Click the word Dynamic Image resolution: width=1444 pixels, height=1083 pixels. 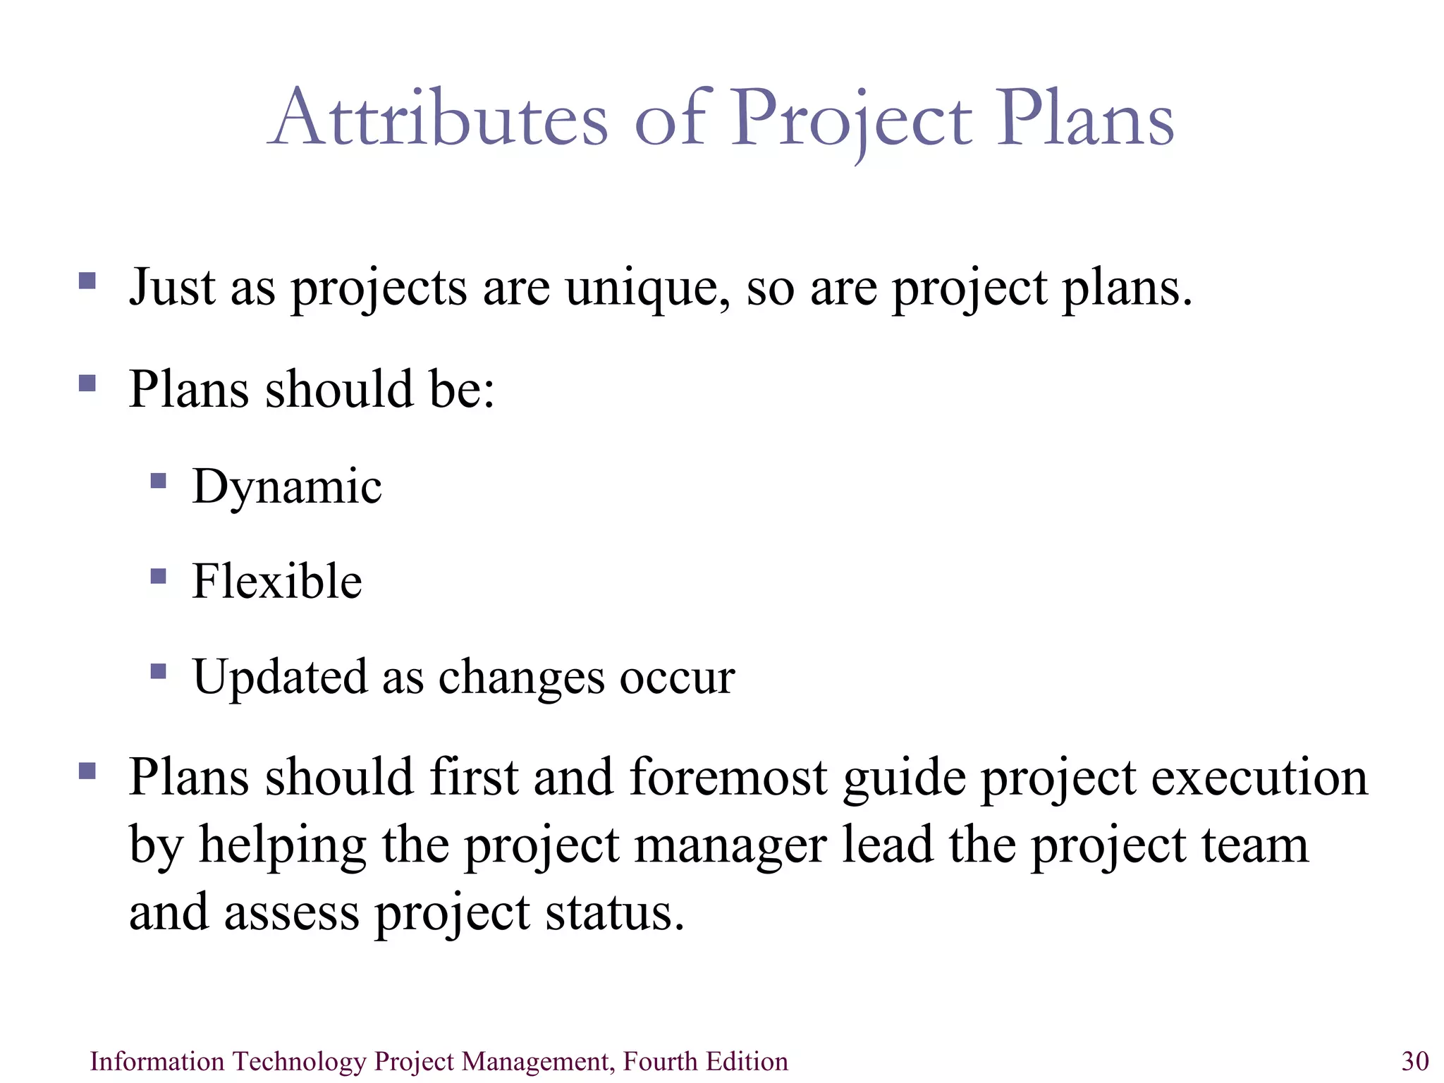click(x=287, y=487)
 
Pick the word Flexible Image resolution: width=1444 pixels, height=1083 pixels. click(x=277, y=582)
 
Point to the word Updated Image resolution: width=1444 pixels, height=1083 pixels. click(x=280, y=677)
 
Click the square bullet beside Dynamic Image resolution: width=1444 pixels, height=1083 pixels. click(x=159, y=482)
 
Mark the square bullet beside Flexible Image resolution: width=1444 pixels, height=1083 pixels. click(x=159, y=577)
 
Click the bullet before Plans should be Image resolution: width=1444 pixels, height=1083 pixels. click(x=87, y=383)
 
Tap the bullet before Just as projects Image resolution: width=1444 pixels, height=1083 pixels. click(x=87, y=281)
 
